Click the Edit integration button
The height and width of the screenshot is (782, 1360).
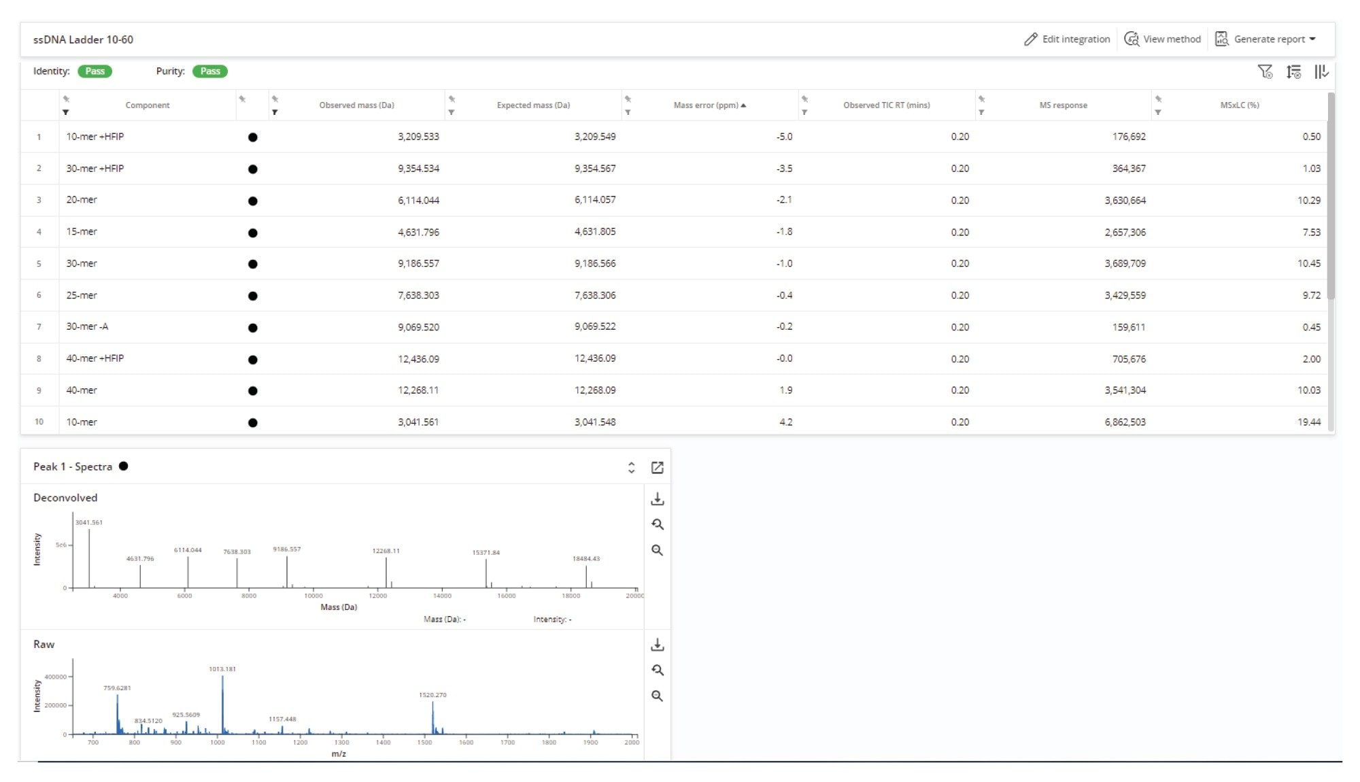[1067, 39]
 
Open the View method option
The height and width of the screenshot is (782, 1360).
[1163, 39]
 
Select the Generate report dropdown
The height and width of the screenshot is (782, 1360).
[1265, 39]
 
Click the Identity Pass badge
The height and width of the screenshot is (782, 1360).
[95, 71]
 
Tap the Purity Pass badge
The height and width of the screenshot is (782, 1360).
[210, 71]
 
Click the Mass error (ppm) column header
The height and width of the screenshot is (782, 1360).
[706, 105]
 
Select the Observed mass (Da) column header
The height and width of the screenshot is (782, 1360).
[356, 105]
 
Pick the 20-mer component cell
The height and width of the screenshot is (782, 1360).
[82, 200]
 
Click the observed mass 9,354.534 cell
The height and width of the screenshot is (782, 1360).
[418, 169]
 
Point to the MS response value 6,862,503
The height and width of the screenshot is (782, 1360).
[1125, 422]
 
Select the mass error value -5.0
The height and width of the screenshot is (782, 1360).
[784, 137]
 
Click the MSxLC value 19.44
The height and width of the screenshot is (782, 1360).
[1308, 422]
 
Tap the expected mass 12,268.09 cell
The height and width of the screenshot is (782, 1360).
[595, 390]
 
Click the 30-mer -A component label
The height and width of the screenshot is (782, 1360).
[87, 327]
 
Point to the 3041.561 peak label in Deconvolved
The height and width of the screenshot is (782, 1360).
[89, 523]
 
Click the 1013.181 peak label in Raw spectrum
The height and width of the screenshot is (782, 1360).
[222, 669]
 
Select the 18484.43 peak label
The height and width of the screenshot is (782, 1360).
[585, 559]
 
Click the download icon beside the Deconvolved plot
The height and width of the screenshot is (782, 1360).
[657, 500]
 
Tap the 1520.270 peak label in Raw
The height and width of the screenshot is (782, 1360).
[432, 695]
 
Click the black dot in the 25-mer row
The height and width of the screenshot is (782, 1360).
[253, 296]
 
